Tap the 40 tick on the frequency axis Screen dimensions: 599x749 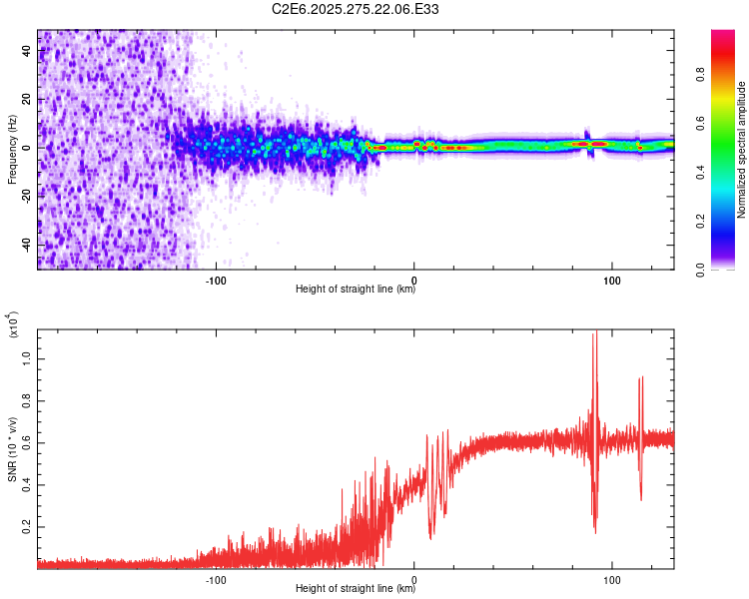(x=27, y=51)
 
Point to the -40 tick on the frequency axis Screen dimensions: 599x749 (x=24, y=245)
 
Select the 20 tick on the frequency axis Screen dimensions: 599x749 (x=27, y=100)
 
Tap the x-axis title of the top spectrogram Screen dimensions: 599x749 (x=356, y=290)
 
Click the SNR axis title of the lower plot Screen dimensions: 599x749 (x=12, y=448)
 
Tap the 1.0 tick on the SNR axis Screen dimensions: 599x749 (x=27, y=357)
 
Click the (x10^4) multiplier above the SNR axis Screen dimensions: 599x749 (x=13, y=326)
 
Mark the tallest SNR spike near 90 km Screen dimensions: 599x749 (x=594, y=335)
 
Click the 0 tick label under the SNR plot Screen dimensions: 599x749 (x=414, y=578)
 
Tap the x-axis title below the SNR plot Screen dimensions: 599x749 (x=356, y=589)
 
